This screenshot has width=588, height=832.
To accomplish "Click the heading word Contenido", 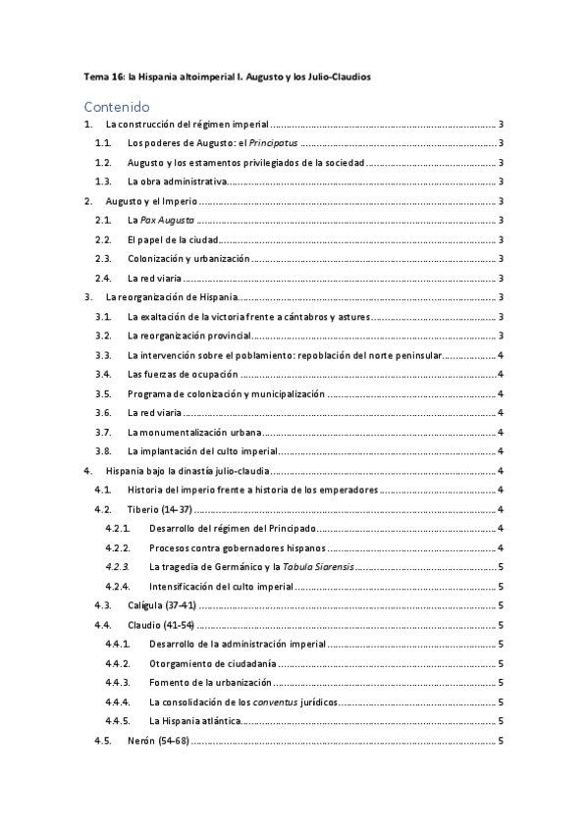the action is click(x=116, y=106).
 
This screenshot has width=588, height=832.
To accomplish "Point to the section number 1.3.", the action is click(x=103, y=182).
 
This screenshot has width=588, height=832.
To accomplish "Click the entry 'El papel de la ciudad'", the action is click(x=173, y=239).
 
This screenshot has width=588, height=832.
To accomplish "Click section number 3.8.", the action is click(x=103, y=451).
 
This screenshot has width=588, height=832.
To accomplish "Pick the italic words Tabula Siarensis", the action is click(x=327, y=567).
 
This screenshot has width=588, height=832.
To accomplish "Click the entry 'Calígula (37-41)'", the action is click(x=164, y=606).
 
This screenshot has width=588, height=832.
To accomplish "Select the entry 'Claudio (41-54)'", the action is click(x=161, y=625).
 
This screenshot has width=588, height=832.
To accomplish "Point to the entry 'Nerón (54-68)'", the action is click(x=157, y=741).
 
